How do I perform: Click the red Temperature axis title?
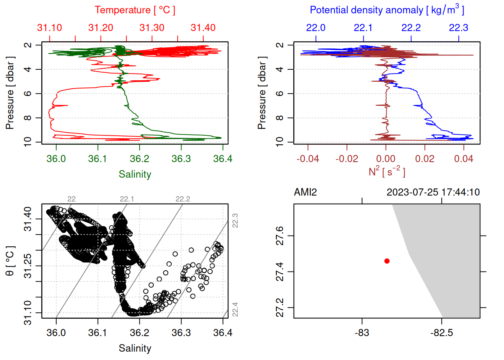[x=135, y=10]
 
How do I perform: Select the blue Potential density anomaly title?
[x=387, y=10]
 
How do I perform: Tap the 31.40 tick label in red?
[x=203, y=28]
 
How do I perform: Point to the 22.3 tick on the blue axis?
[x=459, y=28]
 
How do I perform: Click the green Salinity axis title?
[x=135, y=174]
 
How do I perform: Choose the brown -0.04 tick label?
[x=307, y=159]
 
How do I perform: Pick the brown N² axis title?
[x=387, y=171]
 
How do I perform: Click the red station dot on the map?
[x=387, y=261]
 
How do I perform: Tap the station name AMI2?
[x=305, y=192]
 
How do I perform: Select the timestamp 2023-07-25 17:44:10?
[x=433, y=192]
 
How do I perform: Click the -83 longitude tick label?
[x=362, y=333]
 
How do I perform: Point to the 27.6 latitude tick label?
[x=280, y=235]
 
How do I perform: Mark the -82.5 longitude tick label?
[x=441, y=333]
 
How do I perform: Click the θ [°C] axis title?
[x=10, y=261]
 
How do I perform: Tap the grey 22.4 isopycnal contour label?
[x=235, y=309]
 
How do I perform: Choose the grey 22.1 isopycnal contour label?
[x=127, y=199]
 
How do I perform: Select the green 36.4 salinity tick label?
[x=223, y=159]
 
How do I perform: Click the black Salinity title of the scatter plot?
[x=135, y=348]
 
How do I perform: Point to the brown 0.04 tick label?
[x=463, y=159]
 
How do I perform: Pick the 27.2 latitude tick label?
[x=280, y=307]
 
